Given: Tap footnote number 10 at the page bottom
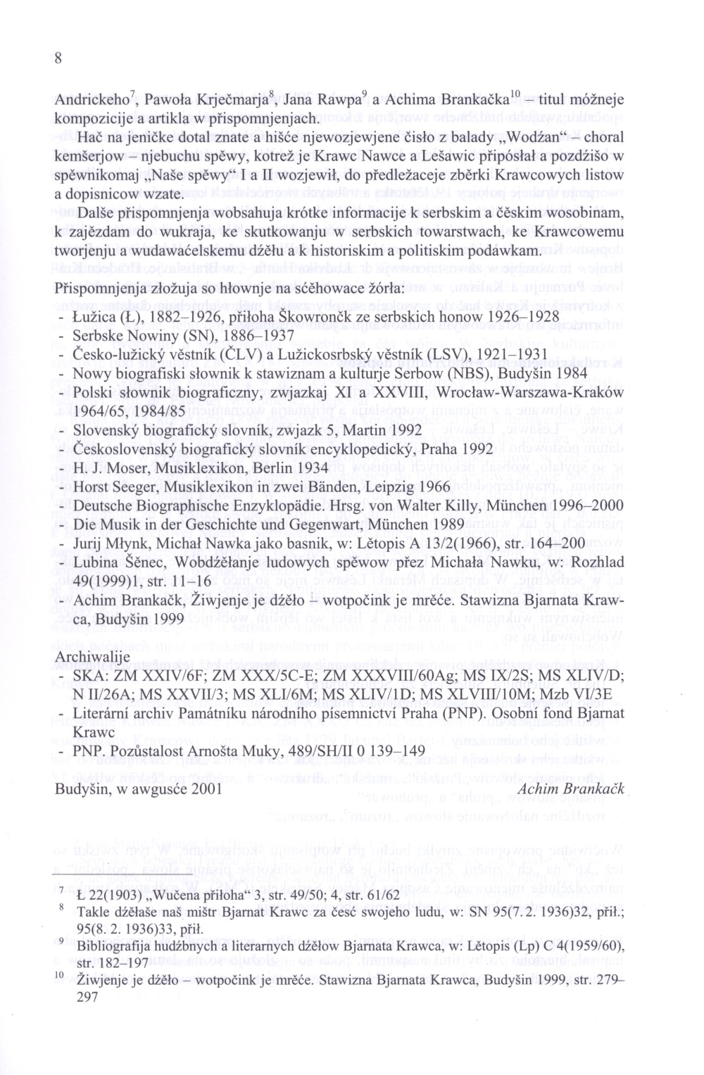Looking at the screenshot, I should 61,974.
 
